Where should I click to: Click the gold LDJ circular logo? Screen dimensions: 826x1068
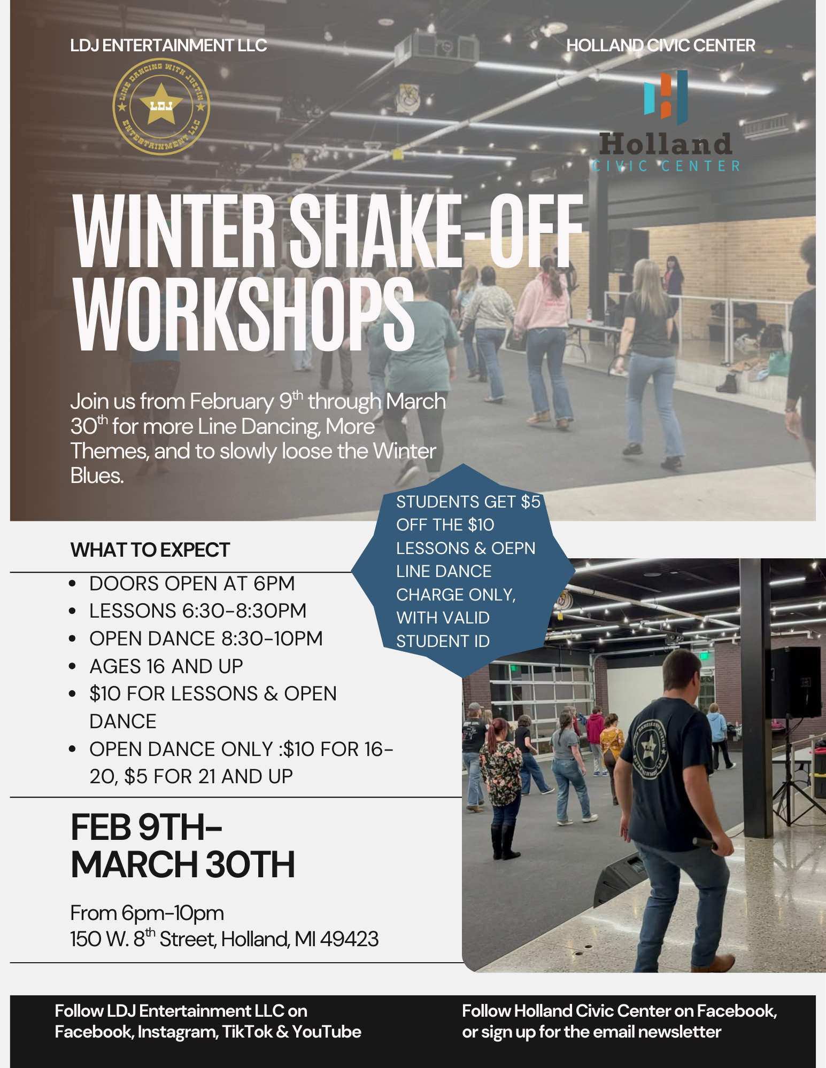161,106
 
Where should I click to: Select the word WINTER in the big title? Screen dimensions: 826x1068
174,231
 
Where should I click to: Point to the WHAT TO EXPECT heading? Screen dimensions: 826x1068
150,550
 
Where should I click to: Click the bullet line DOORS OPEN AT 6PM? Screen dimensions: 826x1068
192,583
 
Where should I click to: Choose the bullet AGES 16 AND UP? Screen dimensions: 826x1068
166,666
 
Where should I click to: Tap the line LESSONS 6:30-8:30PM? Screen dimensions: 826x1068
198,611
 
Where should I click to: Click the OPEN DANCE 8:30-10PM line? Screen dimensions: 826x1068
206,638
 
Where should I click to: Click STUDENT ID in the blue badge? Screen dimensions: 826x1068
443,641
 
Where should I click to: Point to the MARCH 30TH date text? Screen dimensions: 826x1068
183,865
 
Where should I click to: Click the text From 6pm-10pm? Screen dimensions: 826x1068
147,913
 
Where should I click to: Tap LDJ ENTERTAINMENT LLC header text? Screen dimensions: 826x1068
168,45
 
